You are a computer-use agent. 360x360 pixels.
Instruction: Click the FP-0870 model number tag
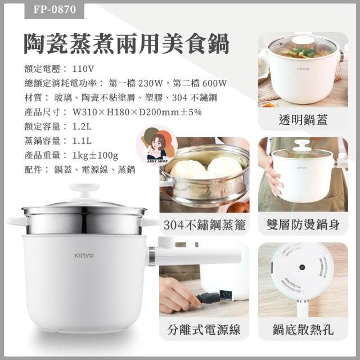(x=55, y=10)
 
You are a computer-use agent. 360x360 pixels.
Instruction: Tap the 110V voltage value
(x=83, y=69)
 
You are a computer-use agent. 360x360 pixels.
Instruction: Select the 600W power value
(x=214, y=83)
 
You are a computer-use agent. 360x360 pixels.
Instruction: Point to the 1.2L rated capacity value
(x=82, y=127)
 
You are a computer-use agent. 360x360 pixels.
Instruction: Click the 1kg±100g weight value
(x=95, y=155)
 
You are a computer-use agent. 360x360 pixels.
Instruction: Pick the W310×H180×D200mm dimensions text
(x=137, y=112)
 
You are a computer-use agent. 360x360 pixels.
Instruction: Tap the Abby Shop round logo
(x=157, y=145)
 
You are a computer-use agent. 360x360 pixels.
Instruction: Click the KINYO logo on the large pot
(x=84, y=255)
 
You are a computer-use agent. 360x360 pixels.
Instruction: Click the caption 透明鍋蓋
(x=303, y=119)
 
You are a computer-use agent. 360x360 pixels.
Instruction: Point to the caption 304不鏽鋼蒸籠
(x=204, y=224)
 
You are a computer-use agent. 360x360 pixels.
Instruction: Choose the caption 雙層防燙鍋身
(x=303, y=224)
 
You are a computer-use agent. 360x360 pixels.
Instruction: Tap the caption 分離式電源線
(x=204, y=330)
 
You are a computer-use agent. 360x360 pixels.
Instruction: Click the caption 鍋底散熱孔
(x=303, y=330)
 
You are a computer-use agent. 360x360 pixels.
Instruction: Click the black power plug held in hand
(x=209, y=298)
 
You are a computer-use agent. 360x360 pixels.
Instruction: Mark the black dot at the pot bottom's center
(x=302, y=267)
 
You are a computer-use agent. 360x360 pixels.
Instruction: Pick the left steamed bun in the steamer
(x=188, y=169)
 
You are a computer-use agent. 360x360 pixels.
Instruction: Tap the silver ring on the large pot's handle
(x=152, y=256)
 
